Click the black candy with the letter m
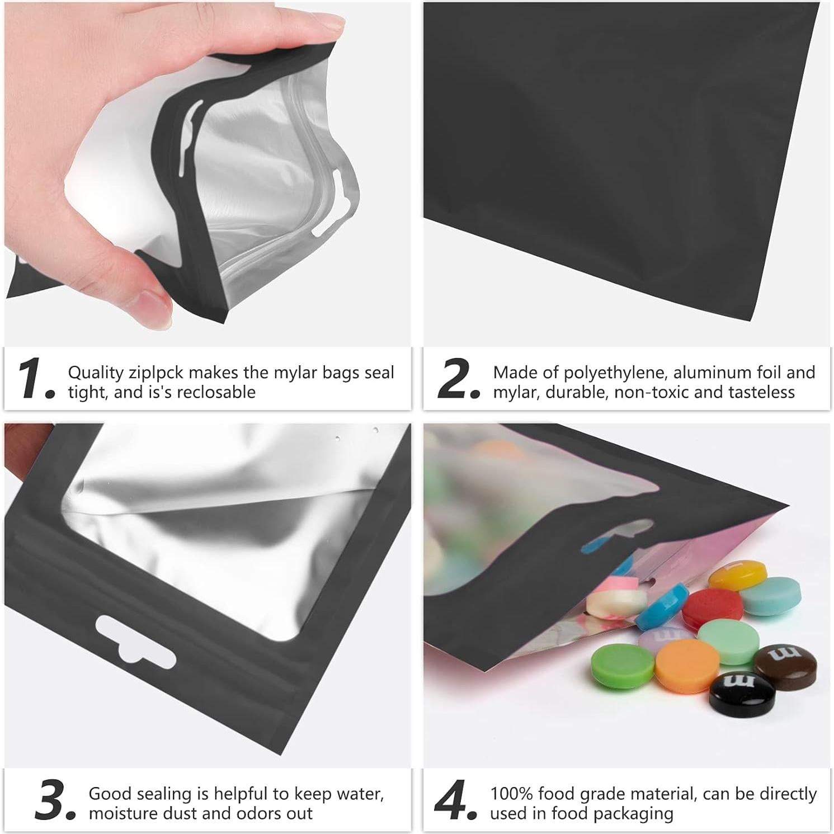742,692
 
